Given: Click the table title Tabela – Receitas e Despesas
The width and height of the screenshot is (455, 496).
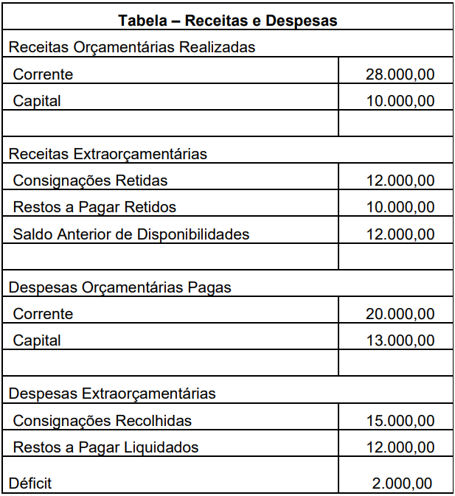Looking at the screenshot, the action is click(x=227, y=21).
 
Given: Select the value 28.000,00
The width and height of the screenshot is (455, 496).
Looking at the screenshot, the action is click(x=400, y=74).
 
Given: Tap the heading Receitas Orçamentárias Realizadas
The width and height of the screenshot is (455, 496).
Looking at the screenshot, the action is click(x=132, y=48).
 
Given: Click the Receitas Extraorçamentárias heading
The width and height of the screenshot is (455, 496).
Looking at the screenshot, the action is click(x=108, y=154).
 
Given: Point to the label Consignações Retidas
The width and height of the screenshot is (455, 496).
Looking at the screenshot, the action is click(x=90, y=181).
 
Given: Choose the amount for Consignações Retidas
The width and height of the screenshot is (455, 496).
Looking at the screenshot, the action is click(x=400, y=181).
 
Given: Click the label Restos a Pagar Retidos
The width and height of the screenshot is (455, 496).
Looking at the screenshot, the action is click(x=94, y=207).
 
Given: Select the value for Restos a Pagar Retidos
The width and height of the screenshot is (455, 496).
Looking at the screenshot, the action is click(x=400, y=207).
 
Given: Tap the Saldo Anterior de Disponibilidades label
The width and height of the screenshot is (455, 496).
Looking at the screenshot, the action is click(x=131, y=234).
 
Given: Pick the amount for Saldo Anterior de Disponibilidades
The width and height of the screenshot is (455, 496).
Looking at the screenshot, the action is click(x=400, y=234).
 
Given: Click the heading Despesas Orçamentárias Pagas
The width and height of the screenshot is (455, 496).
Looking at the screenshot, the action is click(x=119, y=287).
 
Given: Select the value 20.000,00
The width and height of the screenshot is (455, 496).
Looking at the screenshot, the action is click(x=400, y=314).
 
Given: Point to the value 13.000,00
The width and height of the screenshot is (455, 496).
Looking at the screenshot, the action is click(x=400, y=340).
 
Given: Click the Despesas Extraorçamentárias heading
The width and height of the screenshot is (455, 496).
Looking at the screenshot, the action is click(x=112, y=394).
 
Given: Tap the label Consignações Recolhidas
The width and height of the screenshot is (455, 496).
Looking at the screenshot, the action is click(x=102, y=421).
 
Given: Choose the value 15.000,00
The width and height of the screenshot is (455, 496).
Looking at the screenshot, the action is click(x=400, y=421).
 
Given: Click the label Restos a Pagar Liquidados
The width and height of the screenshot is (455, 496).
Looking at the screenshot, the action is click(x=105, y=447).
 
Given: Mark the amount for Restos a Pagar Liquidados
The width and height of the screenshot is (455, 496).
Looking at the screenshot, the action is click(x=400, y=447).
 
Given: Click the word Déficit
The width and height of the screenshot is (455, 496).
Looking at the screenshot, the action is click(x=30, y=483).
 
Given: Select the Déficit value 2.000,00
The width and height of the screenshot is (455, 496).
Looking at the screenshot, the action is click(x=403, y=483).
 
